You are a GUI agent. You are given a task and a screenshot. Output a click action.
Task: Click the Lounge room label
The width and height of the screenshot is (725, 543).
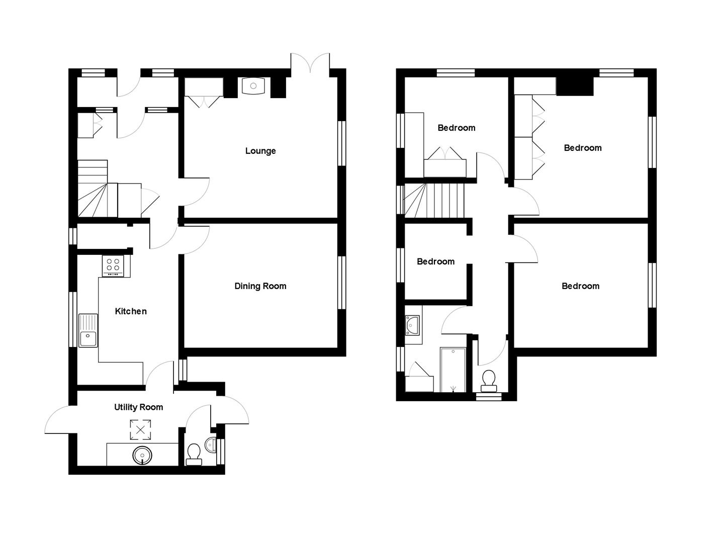tap(260, 151)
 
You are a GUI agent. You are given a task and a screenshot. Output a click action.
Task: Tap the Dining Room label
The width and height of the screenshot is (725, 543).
tap(260, 286)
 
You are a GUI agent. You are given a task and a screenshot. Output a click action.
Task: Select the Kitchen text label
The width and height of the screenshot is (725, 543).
tap(131, 311)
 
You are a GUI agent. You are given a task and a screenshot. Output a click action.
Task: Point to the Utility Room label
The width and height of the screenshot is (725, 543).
tap(138, 407)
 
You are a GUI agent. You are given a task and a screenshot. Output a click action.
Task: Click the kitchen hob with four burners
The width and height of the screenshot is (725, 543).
tap(113, 265)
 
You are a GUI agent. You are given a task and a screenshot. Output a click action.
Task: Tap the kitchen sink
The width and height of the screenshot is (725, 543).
tap(88, 330)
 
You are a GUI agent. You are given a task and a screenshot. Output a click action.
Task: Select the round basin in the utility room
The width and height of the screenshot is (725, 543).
tap(142, 456)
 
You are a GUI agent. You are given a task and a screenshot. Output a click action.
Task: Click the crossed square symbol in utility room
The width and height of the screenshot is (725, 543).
tap(140, 430)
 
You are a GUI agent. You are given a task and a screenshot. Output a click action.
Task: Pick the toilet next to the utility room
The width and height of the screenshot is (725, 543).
tap(194, 455)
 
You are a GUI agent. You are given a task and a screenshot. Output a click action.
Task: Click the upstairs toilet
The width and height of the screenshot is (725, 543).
tap(488, 381)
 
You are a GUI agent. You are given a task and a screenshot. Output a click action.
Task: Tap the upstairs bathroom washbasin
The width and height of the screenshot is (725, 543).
tap(413, 325)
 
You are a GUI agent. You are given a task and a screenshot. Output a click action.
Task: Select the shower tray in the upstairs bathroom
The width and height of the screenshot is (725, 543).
tap(454, 370)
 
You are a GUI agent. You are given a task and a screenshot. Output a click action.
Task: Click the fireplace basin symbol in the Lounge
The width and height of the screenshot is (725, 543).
tap(253, 86)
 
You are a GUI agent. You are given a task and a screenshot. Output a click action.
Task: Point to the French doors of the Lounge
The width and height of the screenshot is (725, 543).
tap(310, 64)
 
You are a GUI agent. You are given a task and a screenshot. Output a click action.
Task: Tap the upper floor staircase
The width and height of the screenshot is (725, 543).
tap(435, 201)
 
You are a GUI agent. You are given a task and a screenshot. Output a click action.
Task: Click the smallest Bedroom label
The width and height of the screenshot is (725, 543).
tap(435, 261)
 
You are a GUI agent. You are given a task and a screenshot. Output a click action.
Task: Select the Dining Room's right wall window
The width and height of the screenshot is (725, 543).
tap(342, 282)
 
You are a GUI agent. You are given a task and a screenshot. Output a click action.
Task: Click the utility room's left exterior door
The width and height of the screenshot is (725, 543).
tap(60, 420)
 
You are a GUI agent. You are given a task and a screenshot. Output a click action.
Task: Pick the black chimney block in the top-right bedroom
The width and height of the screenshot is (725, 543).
tap(575, 86)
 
